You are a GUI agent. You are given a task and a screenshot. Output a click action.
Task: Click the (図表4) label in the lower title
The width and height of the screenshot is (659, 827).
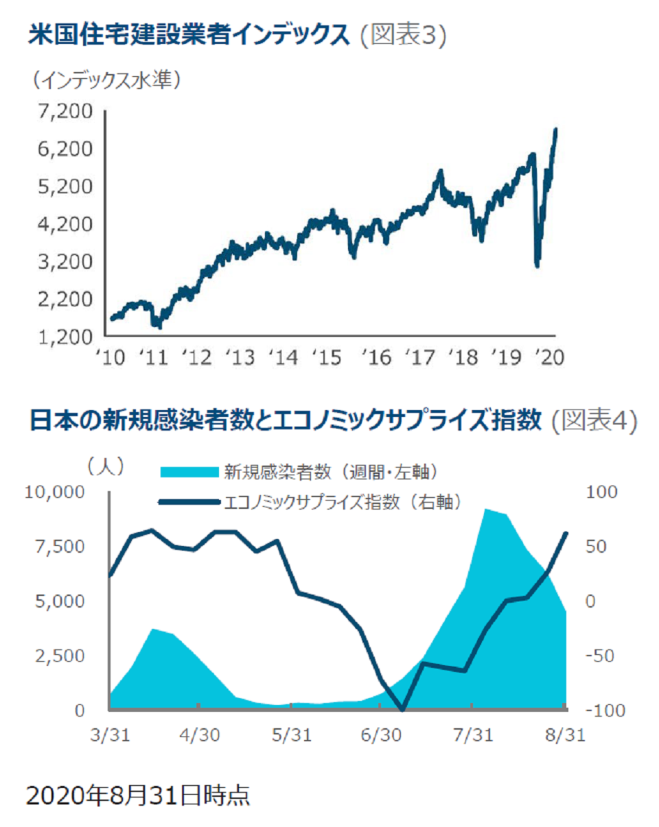594,420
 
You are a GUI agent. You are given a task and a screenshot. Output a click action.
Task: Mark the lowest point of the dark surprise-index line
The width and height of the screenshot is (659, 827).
403,710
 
